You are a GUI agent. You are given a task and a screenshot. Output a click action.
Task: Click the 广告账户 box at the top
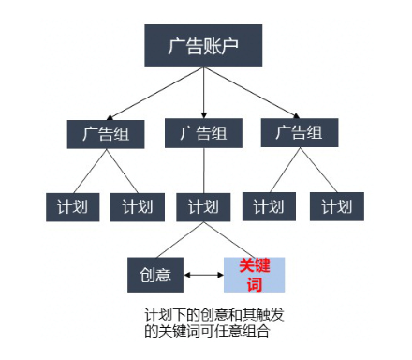click(203, 44)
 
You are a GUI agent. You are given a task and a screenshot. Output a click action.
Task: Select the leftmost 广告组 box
click(104, 132)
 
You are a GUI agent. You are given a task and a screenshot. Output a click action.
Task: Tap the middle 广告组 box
click(203, 132)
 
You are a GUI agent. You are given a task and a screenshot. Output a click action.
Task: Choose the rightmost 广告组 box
click(301, 132)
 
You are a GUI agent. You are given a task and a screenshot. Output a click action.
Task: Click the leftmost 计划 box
click(72, 206)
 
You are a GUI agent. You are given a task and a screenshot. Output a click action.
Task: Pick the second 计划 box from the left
click(138, 206)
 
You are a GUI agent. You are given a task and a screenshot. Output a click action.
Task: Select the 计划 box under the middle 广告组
click(203, 206)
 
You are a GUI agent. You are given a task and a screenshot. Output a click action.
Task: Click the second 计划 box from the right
click(269, 206)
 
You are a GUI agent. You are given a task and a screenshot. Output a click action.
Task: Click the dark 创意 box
click(155, 274)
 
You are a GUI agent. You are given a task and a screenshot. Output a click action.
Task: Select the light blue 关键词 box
click(252, 274)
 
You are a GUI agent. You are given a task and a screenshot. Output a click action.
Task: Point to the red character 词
click(252, 282)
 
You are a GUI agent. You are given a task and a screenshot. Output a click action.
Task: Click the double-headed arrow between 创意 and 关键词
click(202, 275)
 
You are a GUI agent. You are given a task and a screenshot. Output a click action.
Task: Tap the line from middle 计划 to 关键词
click(228, 238)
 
